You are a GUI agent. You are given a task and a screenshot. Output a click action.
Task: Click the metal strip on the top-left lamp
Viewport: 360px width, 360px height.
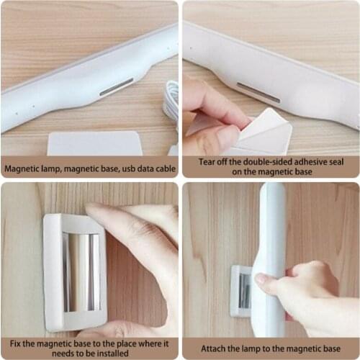point(116,87)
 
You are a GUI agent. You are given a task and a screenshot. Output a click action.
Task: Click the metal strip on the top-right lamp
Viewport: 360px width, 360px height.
point(258,92)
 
